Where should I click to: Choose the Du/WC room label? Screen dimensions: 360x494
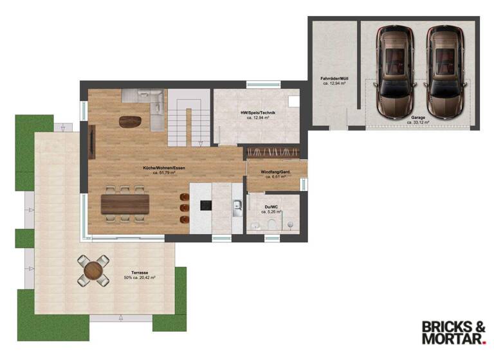tap(273, 207)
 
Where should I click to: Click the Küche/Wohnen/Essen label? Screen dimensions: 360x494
tap(164, 168)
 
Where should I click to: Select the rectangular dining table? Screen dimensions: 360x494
tap(125, 203)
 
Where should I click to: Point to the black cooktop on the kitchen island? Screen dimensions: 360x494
tap(206, 206)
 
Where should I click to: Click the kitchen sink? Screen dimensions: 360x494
tap(237, 206)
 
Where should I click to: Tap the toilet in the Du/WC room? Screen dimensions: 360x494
tap(272, 223)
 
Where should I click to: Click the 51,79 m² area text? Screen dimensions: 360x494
tap(164, 173)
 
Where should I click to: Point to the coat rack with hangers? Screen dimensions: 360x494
tap(273, 152)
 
